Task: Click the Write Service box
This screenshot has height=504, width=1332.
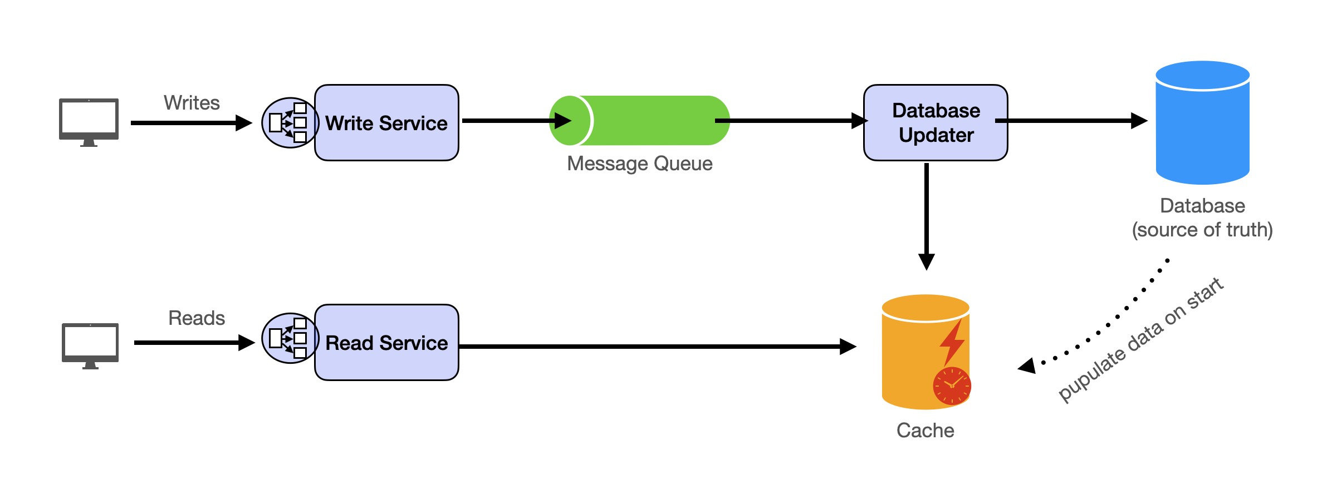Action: tap(386, 123)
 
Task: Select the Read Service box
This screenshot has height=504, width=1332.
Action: tap(386, 343)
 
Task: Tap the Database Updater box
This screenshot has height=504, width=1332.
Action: tap(936, 123)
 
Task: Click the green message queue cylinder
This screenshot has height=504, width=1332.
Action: tap(652, 121)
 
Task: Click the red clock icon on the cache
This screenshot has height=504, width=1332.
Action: tap(952, 386)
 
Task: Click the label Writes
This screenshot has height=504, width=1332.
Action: tap(192, 103)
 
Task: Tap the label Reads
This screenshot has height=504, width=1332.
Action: tap(197, 318)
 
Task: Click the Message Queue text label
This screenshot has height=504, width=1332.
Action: tap(639, 164)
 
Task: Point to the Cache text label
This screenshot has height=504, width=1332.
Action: tap(925, 431)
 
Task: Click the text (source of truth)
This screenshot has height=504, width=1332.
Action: tap(1202, 230)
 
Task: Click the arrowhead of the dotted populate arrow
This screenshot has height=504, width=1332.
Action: tap(1027, 365)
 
